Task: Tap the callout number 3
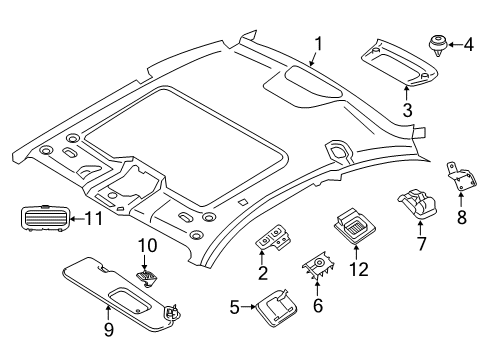coord(407,110)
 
